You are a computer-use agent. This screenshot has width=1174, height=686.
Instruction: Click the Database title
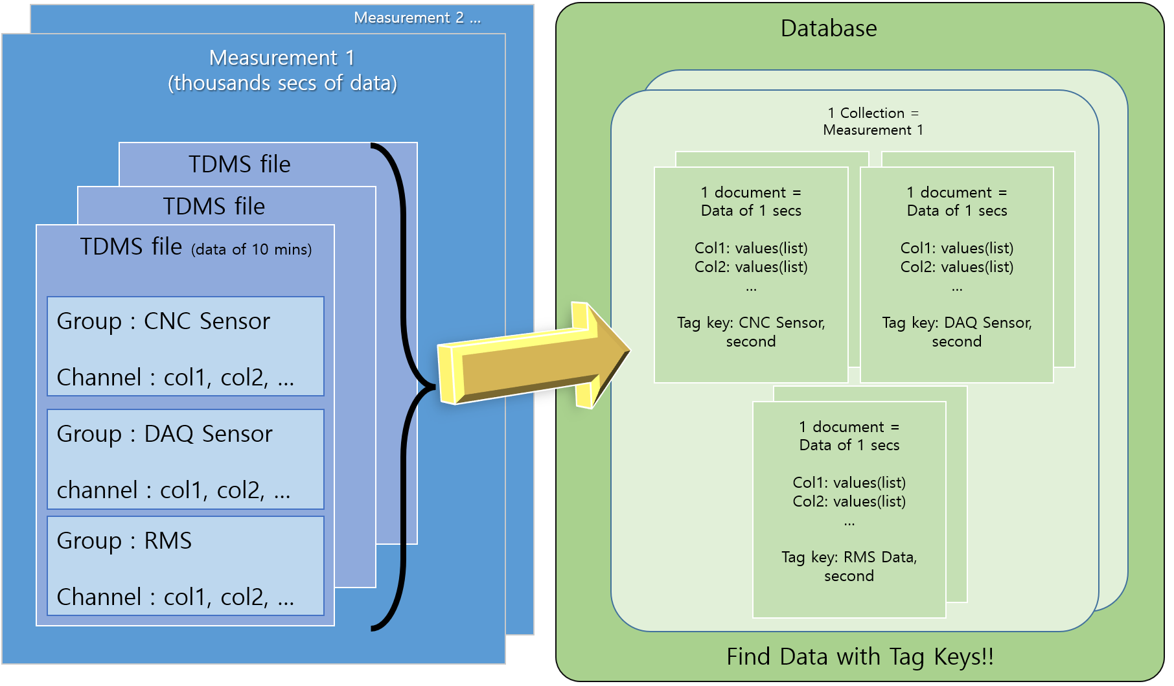tap(828, 29)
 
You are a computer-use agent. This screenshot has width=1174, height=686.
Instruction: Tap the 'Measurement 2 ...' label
tap(417, 17)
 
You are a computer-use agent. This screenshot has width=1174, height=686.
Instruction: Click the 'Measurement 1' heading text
tap(282, 58)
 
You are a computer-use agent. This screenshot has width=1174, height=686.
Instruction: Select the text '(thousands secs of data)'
tap(282, 83)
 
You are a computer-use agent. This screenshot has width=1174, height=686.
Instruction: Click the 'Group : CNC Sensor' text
tap(163, 321)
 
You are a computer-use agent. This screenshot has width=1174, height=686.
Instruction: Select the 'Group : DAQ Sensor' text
tap(165, 434)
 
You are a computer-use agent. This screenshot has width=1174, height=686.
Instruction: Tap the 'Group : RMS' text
tap(124, 541)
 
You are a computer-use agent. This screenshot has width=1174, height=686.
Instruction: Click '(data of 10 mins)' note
tap(251, 249)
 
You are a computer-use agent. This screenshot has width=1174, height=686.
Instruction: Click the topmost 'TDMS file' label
tap(239, 165)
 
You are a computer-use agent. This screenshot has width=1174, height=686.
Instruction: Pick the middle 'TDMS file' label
tap(214, 207)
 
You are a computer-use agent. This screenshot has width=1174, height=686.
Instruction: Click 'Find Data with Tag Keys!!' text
tap(860, 657)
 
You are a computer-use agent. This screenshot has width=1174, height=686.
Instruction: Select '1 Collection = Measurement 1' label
tap(873, 121)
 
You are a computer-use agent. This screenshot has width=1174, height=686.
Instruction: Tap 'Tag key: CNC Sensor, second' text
tap(751, 332)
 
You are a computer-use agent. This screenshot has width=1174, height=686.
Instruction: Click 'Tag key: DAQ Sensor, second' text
tap(956, 332)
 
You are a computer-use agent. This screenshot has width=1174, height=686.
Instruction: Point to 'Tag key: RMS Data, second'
tap(849, 566)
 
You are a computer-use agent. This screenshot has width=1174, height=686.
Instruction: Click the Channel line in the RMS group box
tap(175, 597)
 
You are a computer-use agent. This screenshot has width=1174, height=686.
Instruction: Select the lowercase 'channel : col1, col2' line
tap(173, 490)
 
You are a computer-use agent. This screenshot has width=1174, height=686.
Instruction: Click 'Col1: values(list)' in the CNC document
tap(751, 248)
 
